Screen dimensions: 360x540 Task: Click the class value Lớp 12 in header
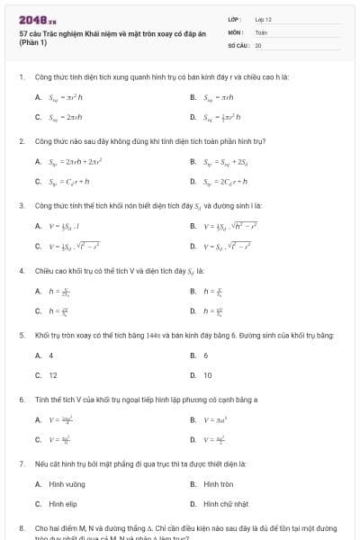[263, 18]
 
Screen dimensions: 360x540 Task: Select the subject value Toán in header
[261, 31]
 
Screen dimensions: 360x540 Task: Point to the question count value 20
[258, 44]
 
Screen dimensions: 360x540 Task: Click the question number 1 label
[21, 77]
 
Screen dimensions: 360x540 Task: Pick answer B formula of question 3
[232, 226]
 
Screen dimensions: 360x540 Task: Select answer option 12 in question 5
[53, 374]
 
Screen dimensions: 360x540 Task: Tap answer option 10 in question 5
[208, 374]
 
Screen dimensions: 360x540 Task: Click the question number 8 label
[21, 527]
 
